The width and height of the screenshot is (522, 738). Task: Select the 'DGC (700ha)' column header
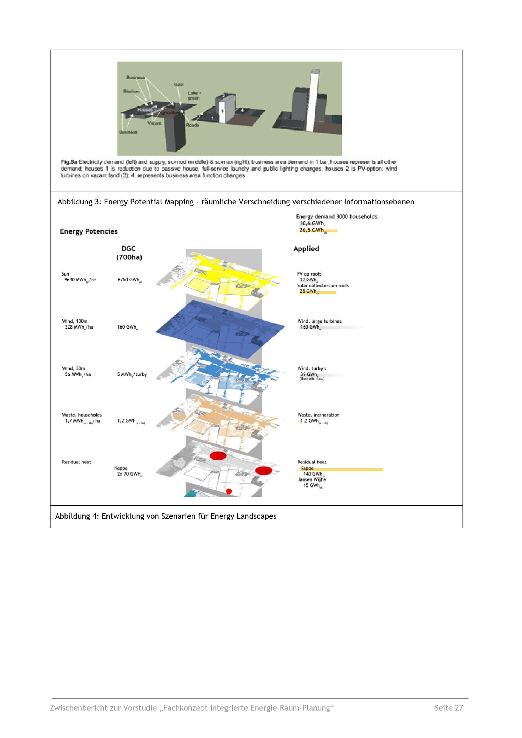(129, 253)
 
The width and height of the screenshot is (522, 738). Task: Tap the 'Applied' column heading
(306, 249)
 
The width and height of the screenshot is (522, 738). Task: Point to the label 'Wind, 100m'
(75, 321)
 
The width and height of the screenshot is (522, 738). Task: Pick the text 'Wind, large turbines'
(319, 321)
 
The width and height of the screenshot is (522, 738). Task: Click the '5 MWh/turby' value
(132, 374)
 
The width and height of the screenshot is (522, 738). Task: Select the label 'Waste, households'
(82, 415)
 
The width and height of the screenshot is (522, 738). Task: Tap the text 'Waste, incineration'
(318, 415)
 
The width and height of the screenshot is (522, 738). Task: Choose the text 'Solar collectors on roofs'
(323, 285)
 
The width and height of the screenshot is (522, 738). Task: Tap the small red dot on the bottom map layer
(229, 491)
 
